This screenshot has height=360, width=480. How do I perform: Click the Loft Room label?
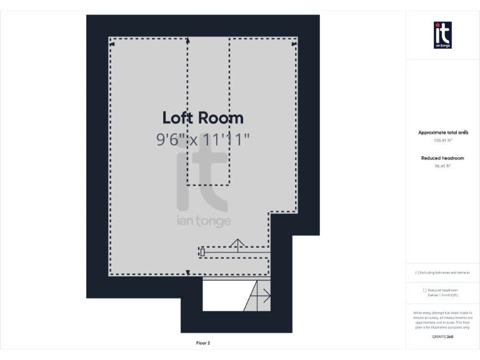[x=202, y=117]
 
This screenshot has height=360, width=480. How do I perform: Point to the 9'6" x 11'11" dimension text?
[x=202, y=139]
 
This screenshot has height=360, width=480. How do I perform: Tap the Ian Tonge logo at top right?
[x=442, y=35]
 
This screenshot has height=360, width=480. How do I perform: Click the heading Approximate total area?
[x=442, y=132]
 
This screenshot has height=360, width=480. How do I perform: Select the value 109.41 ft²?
[x=442, y=141]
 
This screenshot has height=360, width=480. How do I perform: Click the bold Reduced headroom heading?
[x=442, y=158]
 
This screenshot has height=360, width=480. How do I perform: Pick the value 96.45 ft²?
[x=442, y=166]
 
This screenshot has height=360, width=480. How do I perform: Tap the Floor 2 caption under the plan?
[x=203, y=343]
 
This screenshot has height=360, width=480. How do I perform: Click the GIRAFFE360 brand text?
[x=442, y=337]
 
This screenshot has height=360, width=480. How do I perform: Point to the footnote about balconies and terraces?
[x=442, y=272]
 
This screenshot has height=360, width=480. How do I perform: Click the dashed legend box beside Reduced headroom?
[x=425, y=290]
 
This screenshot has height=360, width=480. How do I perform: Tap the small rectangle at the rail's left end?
[x=202, y=252]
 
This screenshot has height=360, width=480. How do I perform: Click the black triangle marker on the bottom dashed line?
[x=188, y=272]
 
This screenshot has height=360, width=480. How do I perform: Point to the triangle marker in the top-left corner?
[x=112, y=44]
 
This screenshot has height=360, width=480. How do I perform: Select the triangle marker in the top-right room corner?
[x=294, y=44]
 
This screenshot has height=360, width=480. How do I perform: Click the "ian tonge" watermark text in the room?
[x=203, y=221]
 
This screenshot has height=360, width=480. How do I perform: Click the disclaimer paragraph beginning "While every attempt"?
[x=442, y=319]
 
